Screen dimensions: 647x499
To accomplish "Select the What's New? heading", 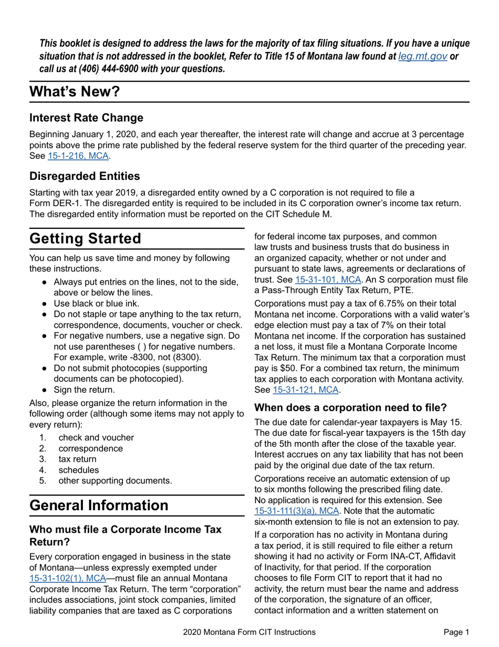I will [x=75, y=92].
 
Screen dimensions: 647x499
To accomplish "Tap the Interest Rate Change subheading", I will [x=86, y=117].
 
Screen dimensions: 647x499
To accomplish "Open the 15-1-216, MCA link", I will [x=78, y=156].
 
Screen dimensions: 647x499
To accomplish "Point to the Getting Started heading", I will [x=85, y=238].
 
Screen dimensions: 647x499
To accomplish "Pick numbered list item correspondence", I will [x=90, y=448].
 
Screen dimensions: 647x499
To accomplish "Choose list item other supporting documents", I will [x=115, y=480].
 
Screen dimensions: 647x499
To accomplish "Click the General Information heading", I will [x=99, y=505].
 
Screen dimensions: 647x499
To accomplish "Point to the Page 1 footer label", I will [x=456, y=632].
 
